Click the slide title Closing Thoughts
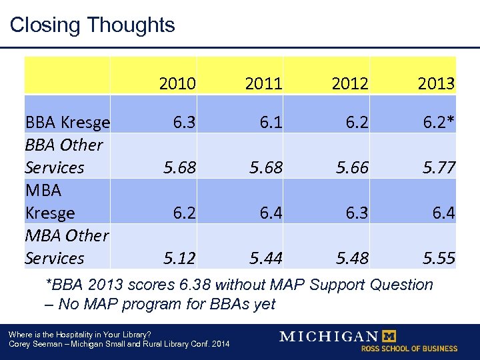92,25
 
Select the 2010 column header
177,84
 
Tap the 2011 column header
263,84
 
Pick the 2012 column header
349,84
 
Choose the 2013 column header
436,84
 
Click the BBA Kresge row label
67,123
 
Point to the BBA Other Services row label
64,156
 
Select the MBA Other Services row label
66,247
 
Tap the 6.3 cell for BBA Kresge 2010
184,123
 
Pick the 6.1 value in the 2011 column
270,123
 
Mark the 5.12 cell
177,258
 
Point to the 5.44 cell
264,258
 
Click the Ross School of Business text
409,349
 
